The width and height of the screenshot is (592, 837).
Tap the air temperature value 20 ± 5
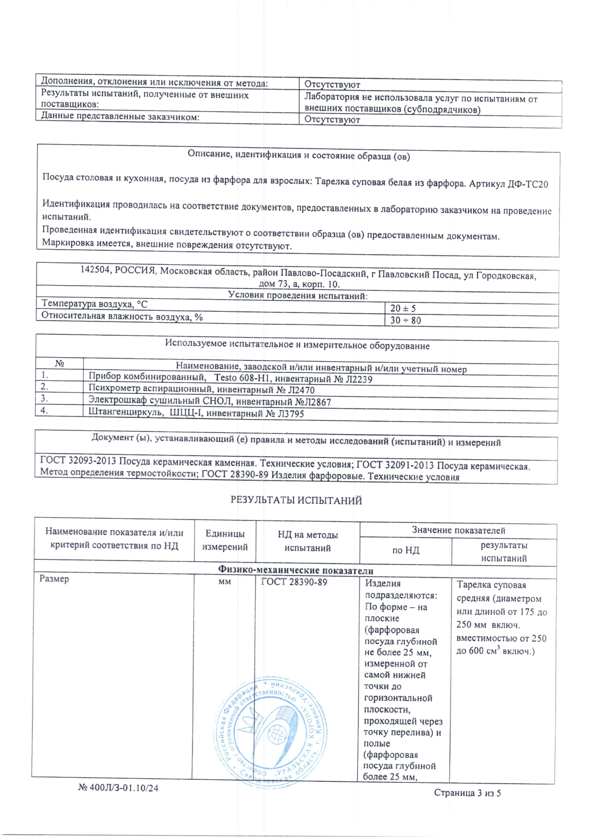pos(403,309)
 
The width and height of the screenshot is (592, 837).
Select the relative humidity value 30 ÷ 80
pos(405,320)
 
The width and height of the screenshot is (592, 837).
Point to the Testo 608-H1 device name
pos(243,378)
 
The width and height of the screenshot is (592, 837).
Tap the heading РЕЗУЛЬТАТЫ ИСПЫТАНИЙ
pos(296,500)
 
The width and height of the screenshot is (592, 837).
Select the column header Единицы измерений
pos(225,540)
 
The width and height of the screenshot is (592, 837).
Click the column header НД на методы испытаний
pos(307,541)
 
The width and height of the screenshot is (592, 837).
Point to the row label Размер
pos(54,579)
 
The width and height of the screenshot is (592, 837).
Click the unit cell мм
pos(224,581)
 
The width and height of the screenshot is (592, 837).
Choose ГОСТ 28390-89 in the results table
pos(294,582)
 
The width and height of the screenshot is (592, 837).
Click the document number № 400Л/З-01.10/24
pos(118,788)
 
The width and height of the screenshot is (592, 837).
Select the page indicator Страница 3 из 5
pos(467,793)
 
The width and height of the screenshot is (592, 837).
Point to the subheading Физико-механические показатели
pos(296,570)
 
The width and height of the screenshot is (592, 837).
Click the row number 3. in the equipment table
pos(44,398)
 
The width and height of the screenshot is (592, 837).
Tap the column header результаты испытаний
pos(504,552)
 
